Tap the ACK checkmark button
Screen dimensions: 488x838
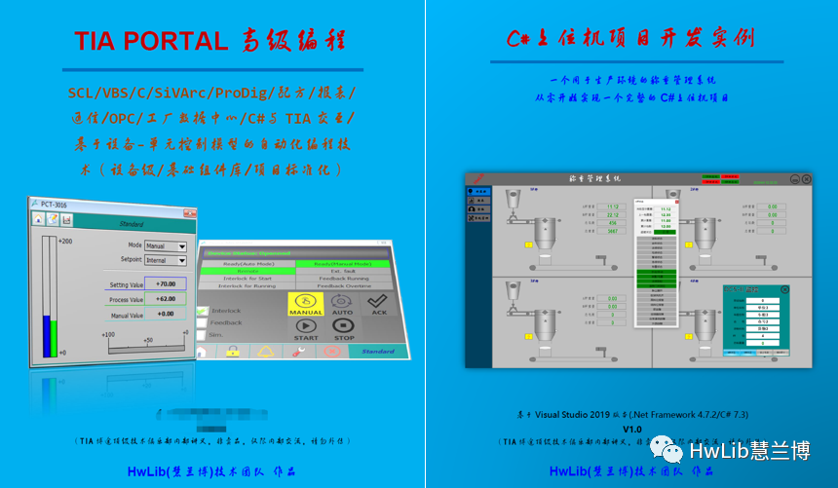[378, 305]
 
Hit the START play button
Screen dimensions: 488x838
[306, 330]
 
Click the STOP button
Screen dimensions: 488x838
[343, 330]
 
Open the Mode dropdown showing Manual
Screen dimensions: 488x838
[166, 246]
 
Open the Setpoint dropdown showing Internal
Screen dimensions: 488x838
[166, 260]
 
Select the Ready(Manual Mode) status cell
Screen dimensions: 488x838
[336, 264]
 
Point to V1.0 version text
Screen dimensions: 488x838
[632, 429]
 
